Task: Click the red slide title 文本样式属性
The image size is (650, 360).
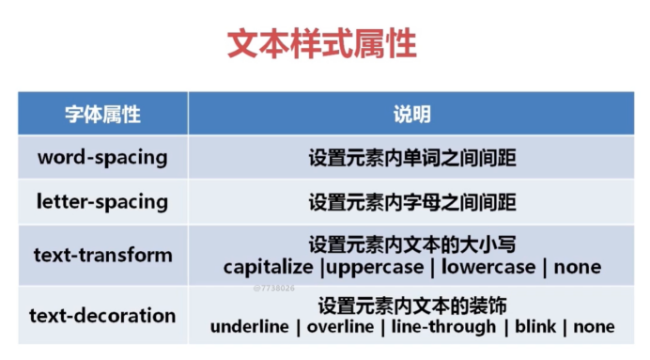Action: pos(322,44)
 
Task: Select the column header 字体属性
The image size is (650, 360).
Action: pos(102,114)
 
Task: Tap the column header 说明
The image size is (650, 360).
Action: pos(411,114)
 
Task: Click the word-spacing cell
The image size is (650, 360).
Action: pos(102,157)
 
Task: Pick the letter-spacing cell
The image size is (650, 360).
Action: pos(102,201)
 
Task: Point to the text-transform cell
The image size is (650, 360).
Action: pos(102,255)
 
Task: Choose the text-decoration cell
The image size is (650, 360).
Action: pos(102,315)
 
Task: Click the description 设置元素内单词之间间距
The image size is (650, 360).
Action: pos(412,158)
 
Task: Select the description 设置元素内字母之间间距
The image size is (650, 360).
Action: pos(412,202)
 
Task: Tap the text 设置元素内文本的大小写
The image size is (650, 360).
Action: pos(412,244)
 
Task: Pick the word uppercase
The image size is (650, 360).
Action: pos(373,267)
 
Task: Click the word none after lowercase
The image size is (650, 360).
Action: pos(577,267)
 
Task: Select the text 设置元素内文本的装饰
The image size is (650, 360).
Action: pos(412,305)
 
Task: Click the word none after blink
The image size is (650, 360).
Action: pos(594,327)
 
